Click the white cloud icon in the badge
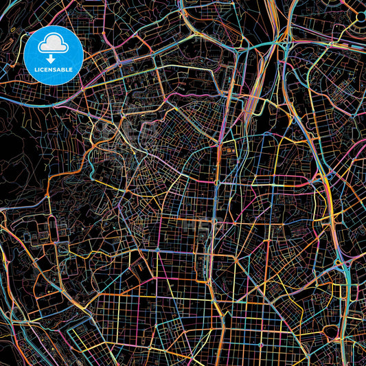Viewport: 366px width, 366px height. tap(53, 45)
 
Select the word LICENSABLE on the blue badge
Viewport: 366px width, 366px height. tap(53, 70)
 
